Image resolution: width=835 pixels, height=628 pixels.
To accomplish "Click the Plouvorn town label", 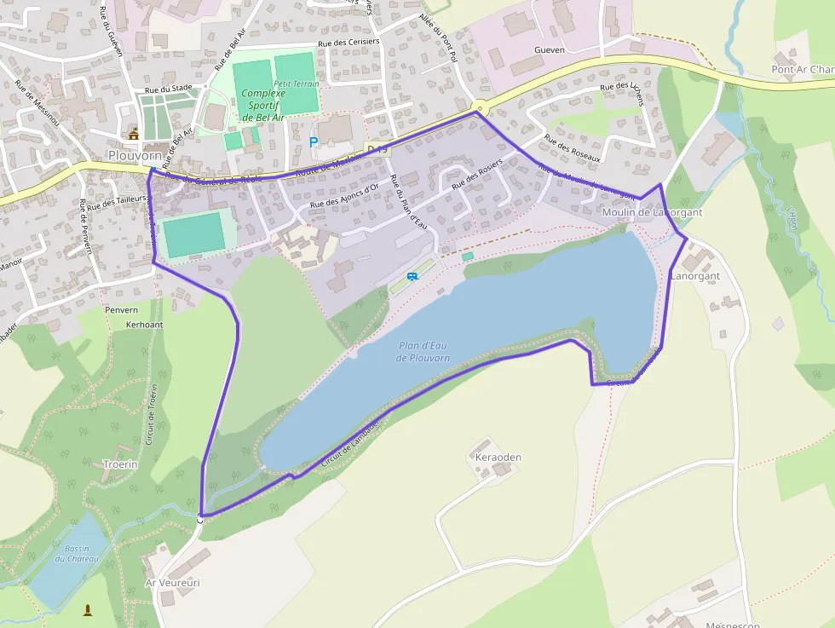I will tap(135, 155).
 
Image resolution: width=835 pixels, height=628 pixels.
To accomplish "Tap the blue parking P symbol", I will tap(314, 141).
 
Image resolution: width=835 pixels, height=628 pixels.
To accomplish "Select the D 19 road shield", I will tap(376, 150).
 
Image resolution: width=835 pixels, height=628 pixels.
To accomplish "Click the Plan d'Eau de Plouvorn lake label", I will tap(423, 351).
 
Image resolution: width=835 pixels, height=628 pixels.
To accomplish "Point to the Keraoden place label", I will tap(498, 457).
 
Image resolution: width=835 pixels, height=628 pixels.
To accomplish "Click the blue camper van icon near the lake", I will tap(412, 276).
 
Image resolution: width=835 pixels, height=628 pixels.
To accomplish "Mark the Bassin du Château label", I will tap(77, 553).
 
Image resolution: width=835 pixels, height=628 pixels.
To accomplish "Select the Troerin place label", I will tap(120, 464).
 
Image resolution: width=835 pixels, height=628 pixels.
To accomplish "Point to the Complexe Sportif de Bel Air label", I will tap(263, 105).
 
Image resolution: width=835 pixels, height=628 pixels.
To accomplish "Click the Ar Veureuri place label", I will tap(172, 583).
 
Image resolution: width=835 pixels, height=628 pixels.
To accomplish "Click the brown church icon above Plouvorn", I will tap(133, 133).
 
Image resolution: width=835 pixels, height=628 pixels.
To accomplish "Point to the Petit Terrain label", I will tap(297, 84).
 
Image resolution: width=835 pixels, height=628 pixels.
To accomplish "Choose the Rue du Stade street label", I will tap(169, 88).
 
